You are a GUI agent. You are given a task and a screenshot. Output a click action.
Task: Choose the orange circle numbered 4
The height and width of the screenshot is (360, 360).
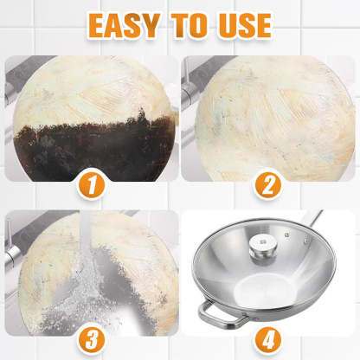click(x=268, y=333)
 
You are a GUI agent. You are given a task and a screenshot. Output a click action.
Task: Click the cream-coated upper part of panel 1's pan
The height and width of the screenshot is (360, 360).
click(x=95, y=87)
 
